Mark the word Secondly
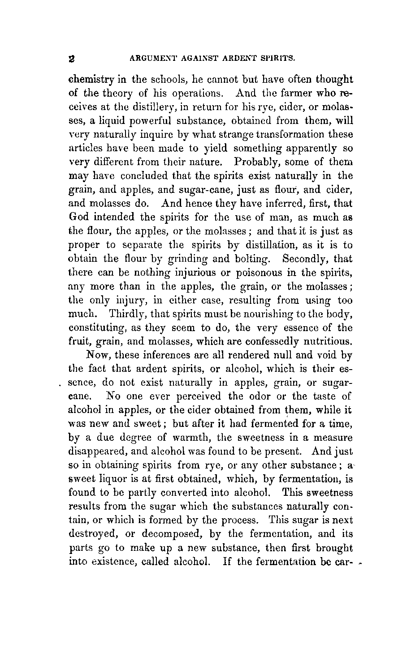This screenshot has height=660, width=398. click(x=303, y=259)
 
